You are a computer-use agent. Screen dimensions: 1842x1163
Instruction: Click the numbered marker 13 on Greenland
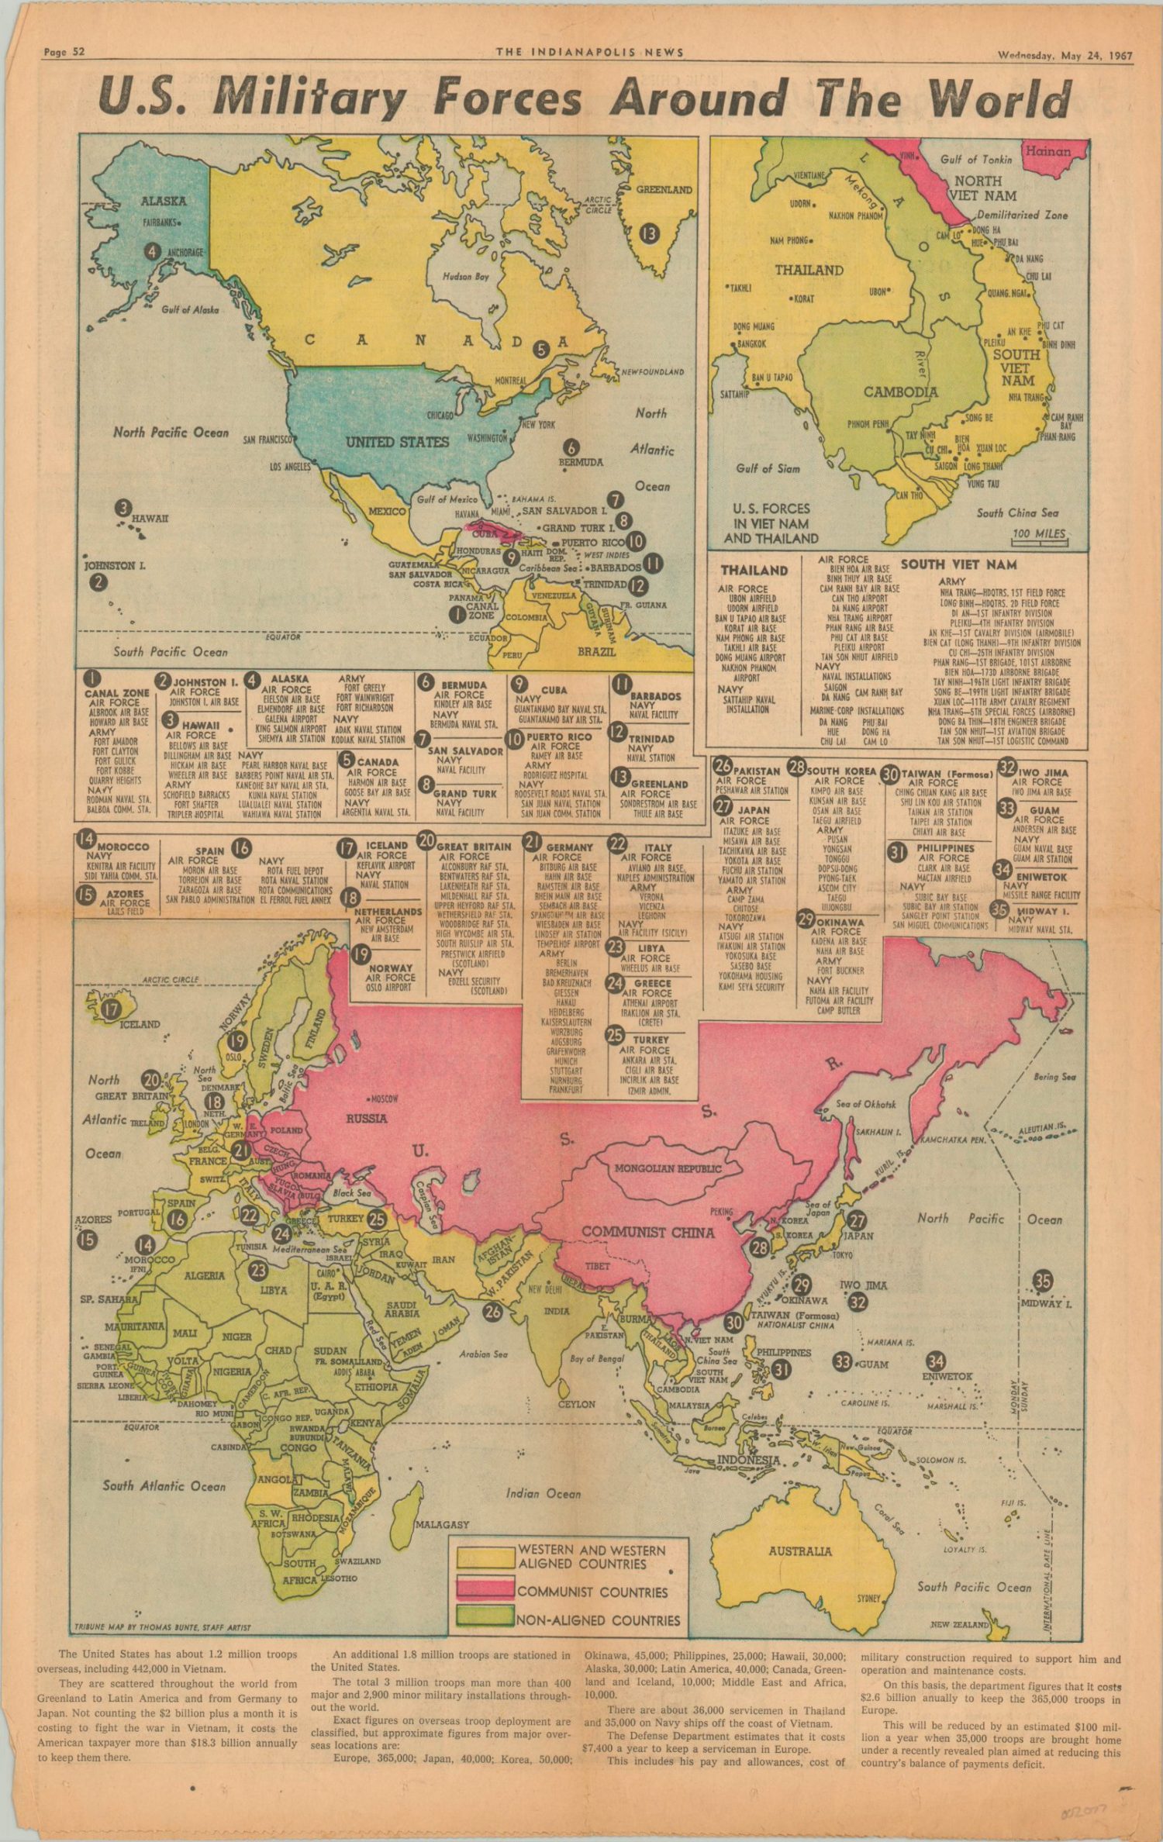pos(647,232)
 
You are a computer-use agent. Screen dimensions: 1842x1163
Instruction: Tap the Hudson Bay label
pos(465,276)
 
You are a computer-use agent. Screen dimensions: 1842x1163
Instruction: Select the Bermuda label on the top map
pos(581,462)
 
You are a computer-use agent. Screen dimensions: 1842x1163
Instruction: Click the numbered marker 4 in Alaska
pos(153,251)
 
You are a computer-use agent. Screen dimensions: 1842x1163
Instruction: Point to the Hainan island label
pos(1047,152)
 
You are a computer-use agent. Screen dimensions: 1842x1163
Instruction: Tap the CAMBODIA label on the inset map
pos(900,392)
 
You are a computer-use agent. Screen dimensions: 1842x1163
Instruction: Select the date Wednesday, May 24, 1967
pos(1065,56)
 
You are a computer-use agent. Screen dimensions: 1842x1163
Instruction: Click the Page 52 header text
pos(64,53)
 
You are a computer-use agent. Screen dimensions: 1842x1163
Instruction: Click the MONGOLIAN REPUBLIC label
pos(668,1168)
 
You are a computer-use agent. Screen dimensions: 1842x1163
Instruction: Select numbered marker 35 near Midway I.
pos(1043,1280)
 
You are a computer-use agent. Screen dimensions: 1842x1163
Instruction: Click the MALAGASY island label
pos(442,1524)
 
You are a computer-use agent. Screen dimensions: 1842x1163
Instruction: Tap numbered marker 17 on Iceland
pos(112,1009)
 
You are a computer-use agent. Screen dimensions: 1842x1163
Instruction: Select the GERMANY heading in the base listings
pos(569,847)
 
